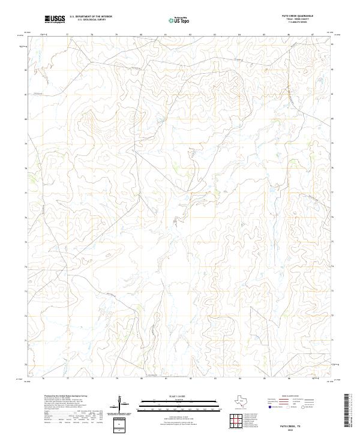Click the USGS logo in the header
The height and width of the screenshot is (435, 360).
pyautogui.click(x=55, y=20)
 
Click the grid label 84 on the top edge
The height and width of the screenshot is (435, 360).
pyautogui.click(x=239, y=35)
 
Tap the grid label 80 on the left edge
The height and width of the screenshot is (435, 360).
pyautogui.click(x=26, y=119)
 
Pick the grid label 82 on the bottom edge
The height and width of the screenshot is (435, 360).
pyautogui.click(x=190, y=379)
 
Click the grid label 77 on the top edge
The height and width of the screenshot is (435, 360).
pyautogui.click(x=67, y=35)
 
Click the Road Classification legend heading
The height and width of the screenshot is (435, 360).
pyautogui.click(x=288, y=397)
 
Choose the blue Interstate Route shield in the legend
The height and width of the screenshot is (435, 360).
pyautogui.click(x=262, y=406)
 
